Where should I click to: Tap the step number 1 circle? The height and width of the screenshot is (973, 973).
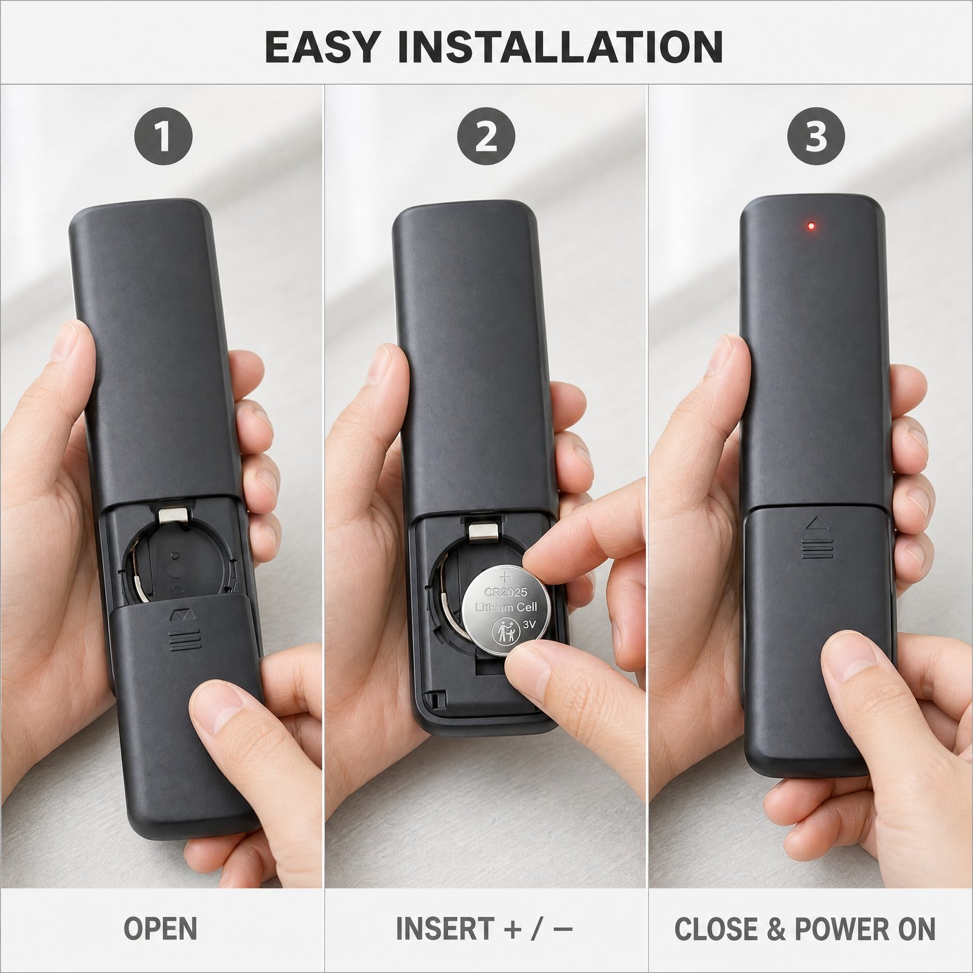tap(163, 137)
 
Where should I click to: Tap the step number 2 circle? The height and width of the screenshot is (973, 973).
tap(486, 137)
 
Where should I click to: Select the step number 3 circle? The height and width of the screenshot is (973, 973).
tap(816, 137)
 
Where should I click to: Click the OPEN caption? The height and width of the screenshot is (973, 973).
tap(161, 929)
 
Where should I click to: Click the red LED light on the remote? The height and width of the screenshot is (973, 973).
tap(811, 227)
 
